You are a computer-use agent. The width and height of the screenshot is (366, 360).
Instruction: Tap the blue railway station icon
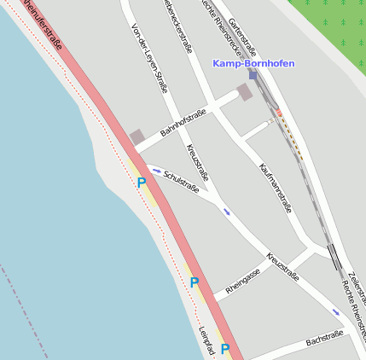pyautogui.click(x=253, y=75)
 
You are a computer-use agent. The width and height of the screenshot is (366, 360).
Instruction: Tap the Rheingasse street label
pyautogui.click(x=242, y=283)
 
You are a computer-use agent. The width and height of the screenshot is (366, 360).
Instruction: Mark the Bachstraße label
pyautogui.click(x=324, y=340)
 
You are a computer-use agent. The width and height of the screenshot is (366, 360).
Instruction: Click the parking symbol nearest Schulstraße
pyautogui.click(x=142, y=182)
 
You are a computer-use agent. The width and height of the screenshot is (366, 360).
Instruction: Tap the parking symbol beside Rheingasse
pyautogui.click(x=195, y=282)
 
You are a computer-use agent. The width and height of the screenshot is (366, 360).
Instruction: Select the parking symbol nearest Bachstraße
pyautogui.click(x=225, y=348)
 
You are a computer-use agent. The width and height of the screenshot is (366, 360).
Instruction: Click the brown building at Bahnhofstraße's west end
pyautogui.click(x=137, y=137)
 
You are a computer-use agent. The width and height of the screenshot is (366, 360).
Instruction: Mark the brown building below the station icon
pyautogui.click(x=245, y=92)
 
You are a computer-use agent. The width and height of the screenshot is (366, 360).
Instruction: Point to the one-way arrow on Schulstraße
pyautogui.click(x=157, y=170)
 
